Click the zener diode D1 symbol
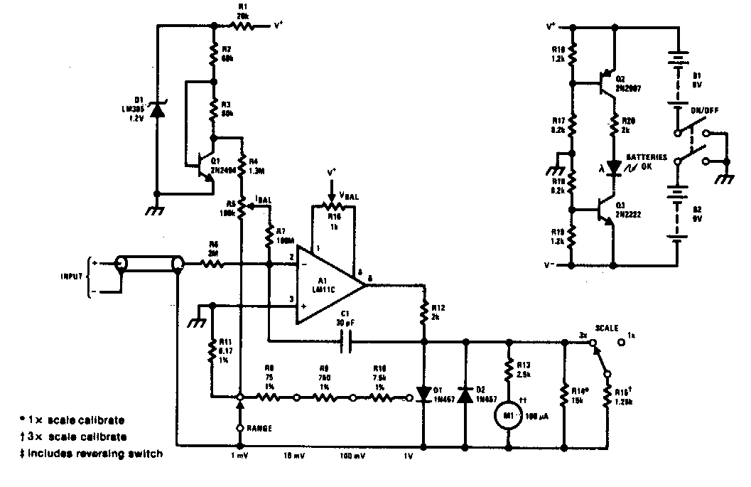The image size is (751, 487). coord(157,111)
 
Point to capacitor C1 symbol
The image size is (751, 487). coord(347,342)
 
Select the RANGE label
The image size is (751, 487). coord(260,428)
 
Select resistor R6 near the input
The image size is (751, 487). coord(211,264)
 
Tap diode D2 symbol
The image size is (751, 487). coord(466,393)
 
